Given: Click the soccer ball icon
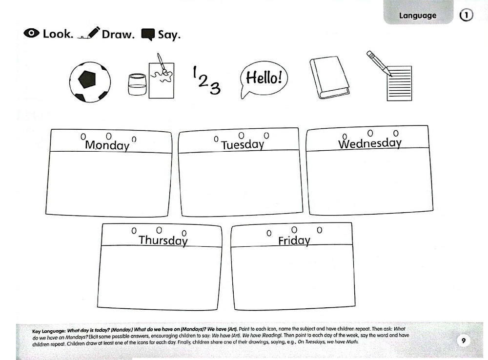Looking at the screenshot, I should tap(90, 81).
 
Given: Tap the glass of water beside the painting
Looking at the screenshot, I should tap(137, 85).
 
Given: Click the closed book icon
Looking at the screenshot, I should tap(329, 78).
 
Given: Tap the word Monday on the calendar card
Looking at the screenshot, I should tap(107, 145).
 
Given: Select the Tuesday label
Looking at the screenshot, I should tap(243, 145).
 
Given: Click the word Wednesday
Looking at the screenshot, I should tap(370, 143).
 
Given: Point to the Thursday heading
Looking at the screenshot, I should tap(163, 240).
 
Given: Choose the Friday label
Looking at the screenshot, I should tap(294, 240).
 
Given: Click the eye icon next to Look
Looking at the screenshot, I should tap(31, 34).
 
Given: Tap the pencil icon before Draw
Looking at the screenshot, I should tap(89, 34).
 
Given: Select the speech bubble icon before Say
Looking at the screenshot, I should tap(147, 34).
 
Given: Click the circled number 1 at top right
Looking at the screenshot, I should tap(466, 16).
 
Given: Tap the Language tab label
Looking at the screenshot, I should tap(418, 16).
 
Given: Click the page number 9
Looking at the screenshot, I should tap(464, 340).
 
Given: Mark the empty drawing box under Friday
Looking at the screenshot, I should tap(292, 278).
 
